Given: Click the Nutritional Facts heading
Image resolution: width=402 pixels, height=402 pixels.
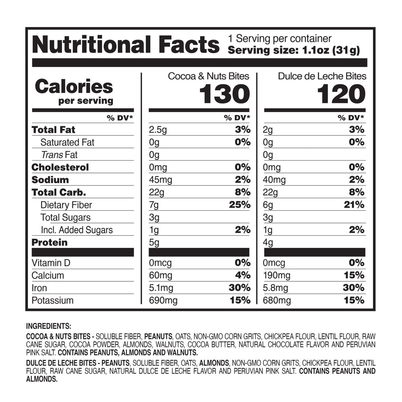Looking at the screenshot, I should coord(126,45).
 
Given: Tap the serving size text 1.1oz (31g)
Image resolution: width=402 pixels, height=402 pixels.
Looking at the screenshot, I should coord(294,50).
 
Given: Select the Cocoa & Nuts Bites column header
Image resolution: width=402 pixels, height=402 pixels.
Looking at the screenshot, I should coord(208,76).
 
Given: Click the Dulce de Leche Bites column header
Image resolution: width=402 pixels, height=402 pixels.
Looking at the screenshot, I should coord(322,76).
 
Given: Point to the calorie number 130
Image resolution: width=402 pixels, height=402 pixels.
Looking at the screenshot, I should coord(225,94).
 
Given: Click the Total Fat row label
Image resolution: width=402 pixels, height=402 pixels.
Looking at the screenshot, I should coord(53,130).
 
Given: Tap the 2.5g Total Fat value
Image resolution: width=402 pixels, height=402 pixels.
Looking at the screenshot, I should coord(158,130).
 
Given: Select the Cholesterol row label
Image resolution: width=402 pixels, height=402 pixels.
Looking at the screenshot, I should coord(60,167).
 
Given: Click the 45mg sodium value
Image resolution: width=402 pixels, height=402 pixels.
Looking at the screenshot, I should coord(161,180).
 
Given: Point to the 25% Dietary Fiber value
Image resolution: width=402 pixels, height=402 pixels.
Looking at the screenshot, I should coord(240,205).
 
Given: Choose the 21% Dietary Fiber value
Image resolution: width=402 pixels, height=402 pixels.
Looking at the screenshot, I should coord(354,205).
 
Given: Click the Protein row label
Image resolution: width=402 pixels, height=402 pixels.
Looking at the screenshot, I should coord(50,242).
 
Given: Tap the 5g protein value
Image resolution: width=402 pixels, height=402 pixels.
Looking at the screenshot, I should coord(154,243).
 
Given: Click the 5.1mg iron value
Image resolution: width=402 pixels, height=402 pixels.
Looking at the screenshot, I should coord(161,288).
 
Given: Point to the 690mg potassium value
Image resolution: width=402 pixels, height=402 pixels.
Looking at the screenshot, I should coord(163,300).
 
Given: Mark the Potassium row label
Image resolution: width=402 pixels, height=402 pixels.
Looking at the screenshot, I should coord(53,300).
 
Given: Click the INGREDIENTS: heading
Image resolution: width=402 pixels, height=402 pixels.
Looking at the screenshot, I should coord(49,326).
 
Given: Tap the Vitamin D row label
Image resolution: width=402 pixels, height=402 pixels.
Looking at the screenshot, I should coord(51,263).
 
